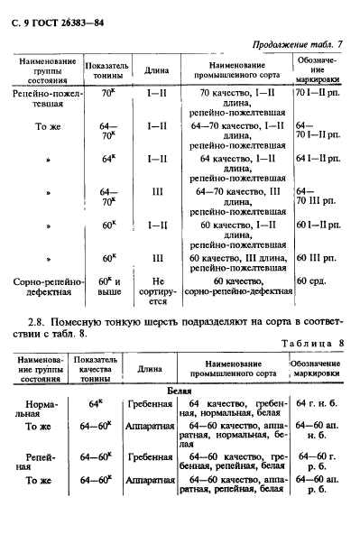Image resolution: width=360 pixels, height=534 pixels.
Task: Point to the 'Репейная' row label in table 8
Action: coord(42,463)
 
